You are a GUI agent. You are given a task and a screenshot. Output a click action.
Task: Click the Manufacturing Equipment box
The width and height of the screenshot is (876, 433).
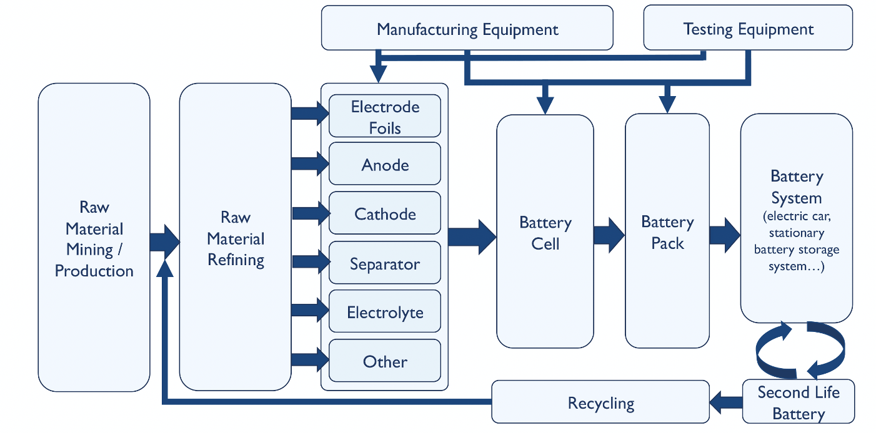pos(467,28)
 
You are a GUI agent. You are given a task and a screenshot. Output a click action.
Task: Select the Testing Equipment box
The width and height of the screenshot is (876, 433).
pos(748,28)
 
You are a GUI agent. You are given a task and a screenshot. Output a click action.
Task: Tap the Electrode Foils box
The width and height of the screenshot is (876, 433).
pos(385,116)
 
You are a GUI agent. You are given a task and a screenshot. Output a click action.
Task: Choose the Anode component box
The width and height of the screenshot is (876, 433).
pos(385,164)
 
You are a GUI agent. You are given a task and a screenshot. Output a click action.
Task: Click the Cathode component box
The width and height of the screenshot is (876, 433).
pos(385,213)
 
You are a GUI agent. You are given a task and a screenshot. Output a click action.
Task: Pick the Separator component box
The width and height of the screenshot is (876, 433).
pos(385,263)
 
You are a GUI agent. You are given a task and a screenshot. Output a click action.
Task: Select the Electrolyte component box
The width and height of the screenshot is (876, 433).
pos(385,311)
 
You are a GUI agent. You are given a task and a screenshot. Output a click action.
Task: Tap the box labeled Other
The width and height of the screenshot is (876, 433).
pos(385,361)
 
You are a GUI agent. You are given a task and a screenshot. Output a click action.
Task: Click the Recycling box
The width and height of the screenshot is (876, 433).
pos(600,402)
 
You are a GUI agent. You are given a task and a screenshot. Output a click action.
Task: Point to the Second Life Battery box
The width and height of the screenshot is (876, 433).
pos(798,402)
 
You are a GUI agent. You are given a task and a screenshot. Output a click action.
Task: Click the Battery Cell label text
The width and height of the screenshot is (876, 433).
pos(545,233)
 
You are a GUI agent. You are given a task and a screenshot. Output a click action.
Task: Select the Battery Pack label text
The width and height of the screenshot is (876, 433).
pos(667,232)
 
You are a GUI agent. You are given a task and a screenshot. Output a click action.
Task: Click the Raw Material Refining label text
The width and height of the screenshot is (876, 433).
pos(236,238)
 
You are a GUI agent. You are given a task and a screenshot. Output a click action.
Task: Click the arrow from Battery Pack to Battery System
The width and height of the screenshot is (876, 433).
pos(725,235)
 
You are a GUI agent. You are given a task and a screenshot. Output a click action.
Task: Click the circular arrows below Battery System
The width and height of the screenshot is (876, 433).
pos(800,349)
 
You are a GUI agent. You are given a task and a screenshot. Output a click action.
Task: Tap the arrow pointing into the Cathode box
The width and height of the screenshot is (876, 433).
pos(311,213)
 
